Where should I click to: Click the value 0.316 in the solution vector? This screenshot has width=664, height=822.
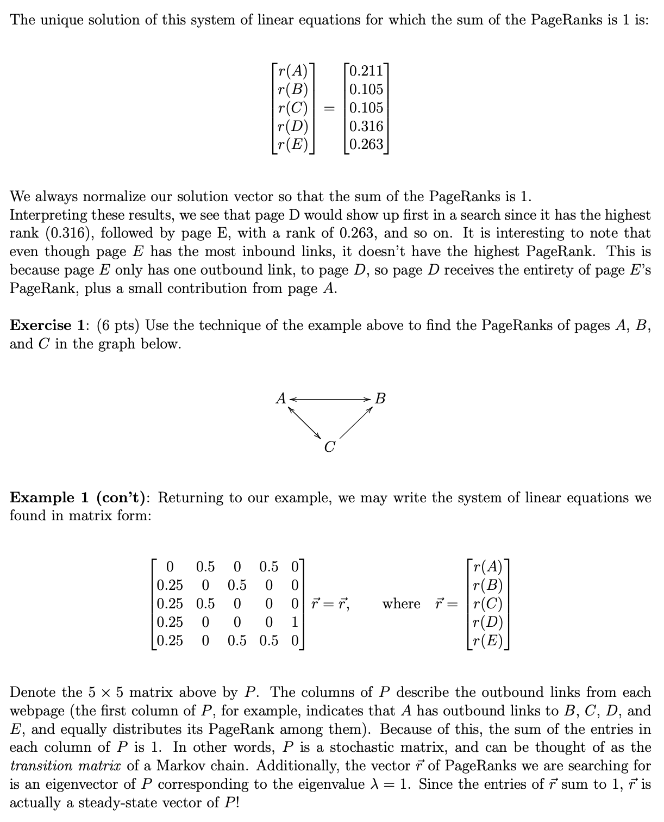366,126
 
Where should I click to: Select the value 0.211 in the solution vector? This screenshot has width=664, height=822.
366,71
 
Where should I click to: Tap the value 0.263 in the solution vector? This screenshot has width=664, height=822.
366,145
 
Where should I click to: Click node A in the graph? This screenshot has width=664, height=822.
280,398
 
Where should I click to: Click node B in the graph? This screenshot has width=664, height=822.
380,398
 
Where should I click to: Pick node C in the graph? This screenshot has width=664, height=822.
329,447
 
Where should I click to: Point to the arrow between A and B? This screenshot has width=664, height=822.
330,399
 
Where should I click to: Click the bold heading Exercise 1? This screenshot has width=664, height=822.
47,326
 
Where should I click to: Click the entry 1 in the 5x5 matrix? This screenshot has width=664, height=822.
295,622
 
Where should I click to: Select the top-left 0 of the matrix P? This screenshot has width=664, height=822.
170,567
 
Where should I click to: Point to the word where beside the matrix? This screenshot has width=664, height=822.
402,604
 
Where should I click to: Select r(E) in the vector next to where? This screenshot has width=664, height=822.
488,641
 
